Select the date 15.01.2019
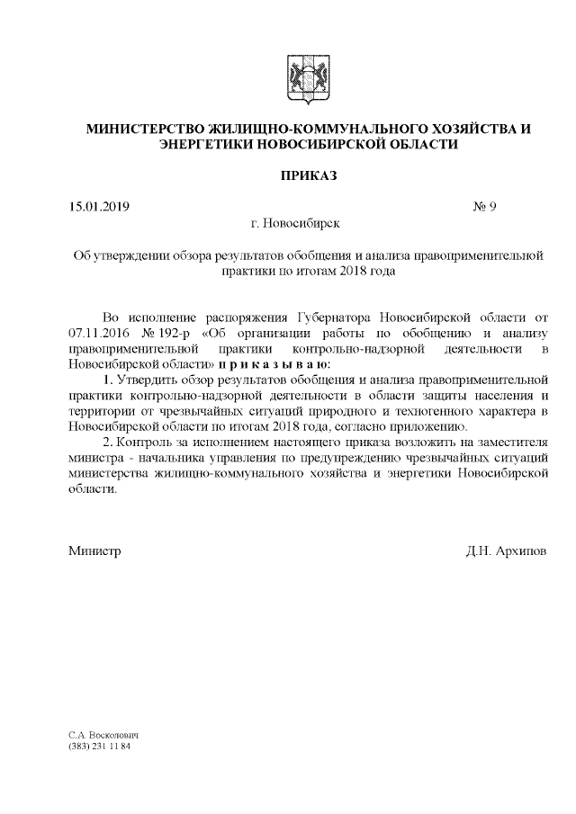point(100,207)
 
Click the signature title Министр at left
point(94,550)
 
